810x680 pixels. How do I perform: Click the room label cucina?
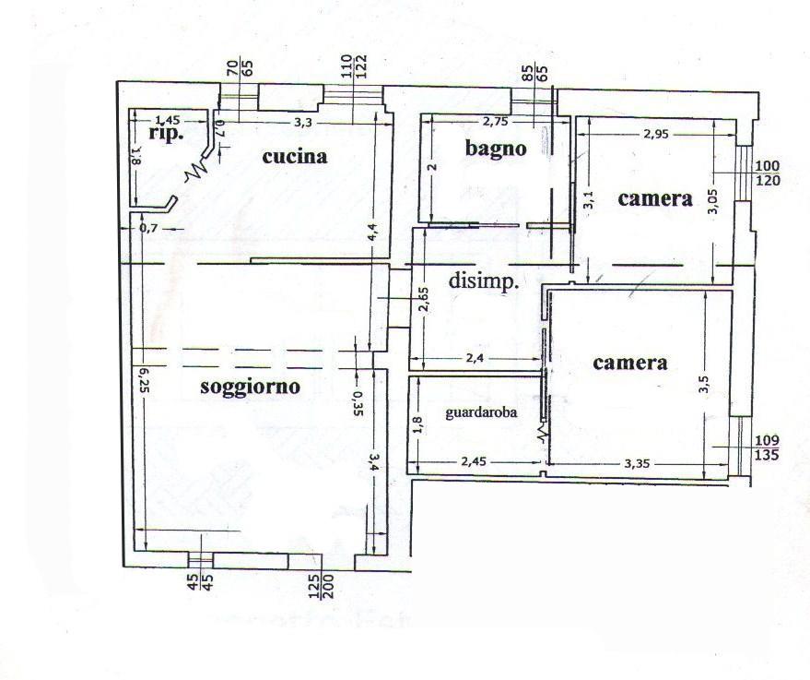click(x=295, y=156)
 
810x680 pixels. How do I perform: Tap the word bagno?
click(x=495, y=148)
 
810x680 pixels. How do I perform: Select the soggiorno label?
click(x=250, y=387)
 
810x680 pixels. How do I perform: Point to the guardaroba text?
click(x=480, y=413)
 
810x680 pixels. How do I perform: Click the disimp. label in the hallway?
click(x=484, y=281)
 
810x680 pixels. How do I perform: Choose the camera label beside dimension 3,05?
click(x=654, y=197)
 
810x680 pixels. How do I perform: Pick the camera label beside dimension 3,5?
click(x=629, y=363)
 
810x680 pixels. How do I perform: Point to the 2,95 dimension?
click(x=655, y=135)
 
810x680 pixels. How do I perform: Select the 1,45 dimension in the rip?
click(x=168, y=119)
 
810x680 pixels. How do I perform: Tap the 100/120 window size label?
click(x=768, y=173)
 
